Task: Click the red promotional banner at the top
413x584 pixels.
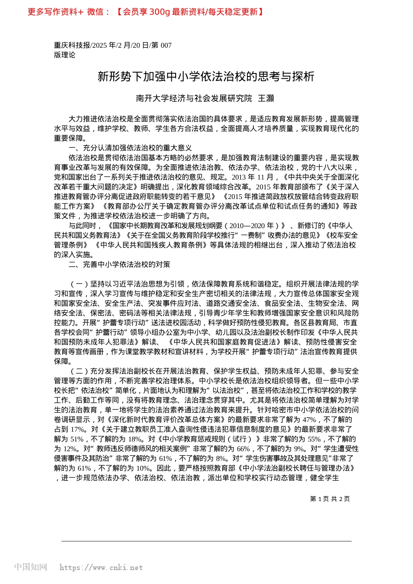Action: [146, 12]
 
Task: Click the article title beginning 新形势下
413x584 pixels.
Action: [206, 77]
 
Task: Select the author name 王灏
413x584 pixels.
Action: [266, 98]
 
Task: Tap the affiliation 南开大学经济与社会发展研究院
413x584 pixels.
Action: [194, 98]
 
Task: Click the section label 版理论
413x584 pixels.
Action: [65, 55]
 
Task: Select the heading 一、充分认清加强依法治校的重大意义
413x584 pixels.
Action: [130, 148]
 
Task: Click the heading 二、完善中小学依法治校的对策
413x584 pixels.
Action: [120, 264]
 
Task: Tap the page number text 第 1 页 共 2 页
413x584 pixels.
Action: [330, 499]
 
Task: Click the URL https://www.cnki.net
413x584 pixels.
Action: [101, 567]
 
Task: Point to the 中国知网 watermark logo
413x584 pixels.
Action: [30, 567]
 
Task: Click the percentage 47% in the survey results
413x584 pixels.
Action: [309, 420]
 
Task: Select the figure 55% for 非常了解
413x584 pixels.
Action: [314, 439]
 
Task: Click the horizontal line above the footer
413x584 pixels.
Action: [206, 541]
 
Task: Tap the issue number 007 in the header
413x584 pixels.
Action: [166, 45]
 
